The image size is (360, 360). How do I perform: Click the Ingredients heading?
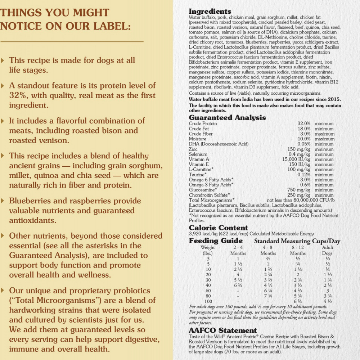pos(210,12)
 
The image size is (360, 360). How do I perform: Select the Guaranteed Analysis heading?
pos(227,118)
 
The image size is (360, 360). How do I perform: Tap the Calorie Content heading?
pos(218,228)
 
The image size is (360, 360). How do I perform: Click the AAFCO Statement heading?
pos(222,330)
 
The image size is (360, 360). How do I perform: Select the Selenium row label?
pos(198,154)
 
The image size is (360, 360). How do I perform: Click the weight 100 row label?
pos(208,301)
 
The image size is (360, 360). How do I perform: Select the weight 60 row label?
pos(208,291)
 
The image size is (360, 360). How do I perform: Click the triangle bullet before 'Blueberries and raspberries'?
pos(4,201)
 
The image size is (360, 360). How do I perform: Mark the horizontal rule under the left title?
pos(72,42)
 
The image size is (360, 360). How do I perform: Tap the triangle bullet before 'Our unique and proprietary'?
pos(4,291)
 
